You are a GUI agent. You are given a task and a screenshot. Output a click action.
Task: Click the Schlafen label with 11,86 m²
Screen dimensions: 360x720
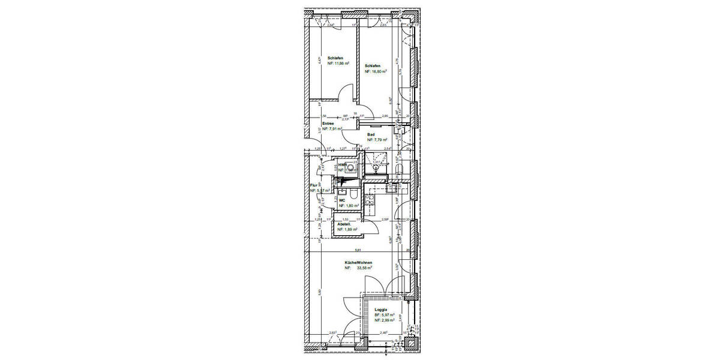coord(335,58)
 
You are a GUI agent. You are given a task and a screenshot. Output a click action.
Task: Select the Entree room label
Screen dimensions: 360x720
coord(328,124)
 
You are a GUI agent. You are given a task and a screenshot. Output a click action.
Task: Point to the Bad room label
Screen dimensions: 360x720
coord(371,135)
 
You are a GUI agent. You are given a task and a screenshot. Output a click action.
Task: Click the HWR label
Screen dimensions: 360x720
coord(343,164)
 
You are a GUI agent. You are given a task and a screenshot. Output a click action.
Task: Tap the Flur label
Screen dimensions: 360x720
coord(313,186)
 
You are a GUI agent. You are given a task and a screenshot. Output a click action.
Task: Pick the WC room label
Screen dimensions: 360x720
coord(342,200)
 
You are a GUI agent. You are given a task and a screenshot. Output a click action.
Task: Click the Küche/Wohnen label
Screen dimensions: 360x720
coord(359,263)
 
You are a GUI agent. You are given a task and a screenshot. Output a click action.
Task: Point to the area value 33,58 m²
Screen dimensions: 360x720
coord(365,269)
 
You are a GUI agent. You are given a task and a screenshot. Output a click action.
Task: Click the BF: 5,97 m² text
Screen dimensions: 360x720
coord(384,316)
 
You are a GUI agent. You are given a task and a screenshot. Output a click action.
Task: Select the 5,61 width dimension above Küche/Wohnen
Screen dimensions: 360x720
coord(359,250)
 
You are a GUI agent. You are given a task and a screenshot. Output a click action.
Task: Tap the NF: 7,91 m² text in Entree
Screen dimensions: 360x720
coord(332,129)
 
